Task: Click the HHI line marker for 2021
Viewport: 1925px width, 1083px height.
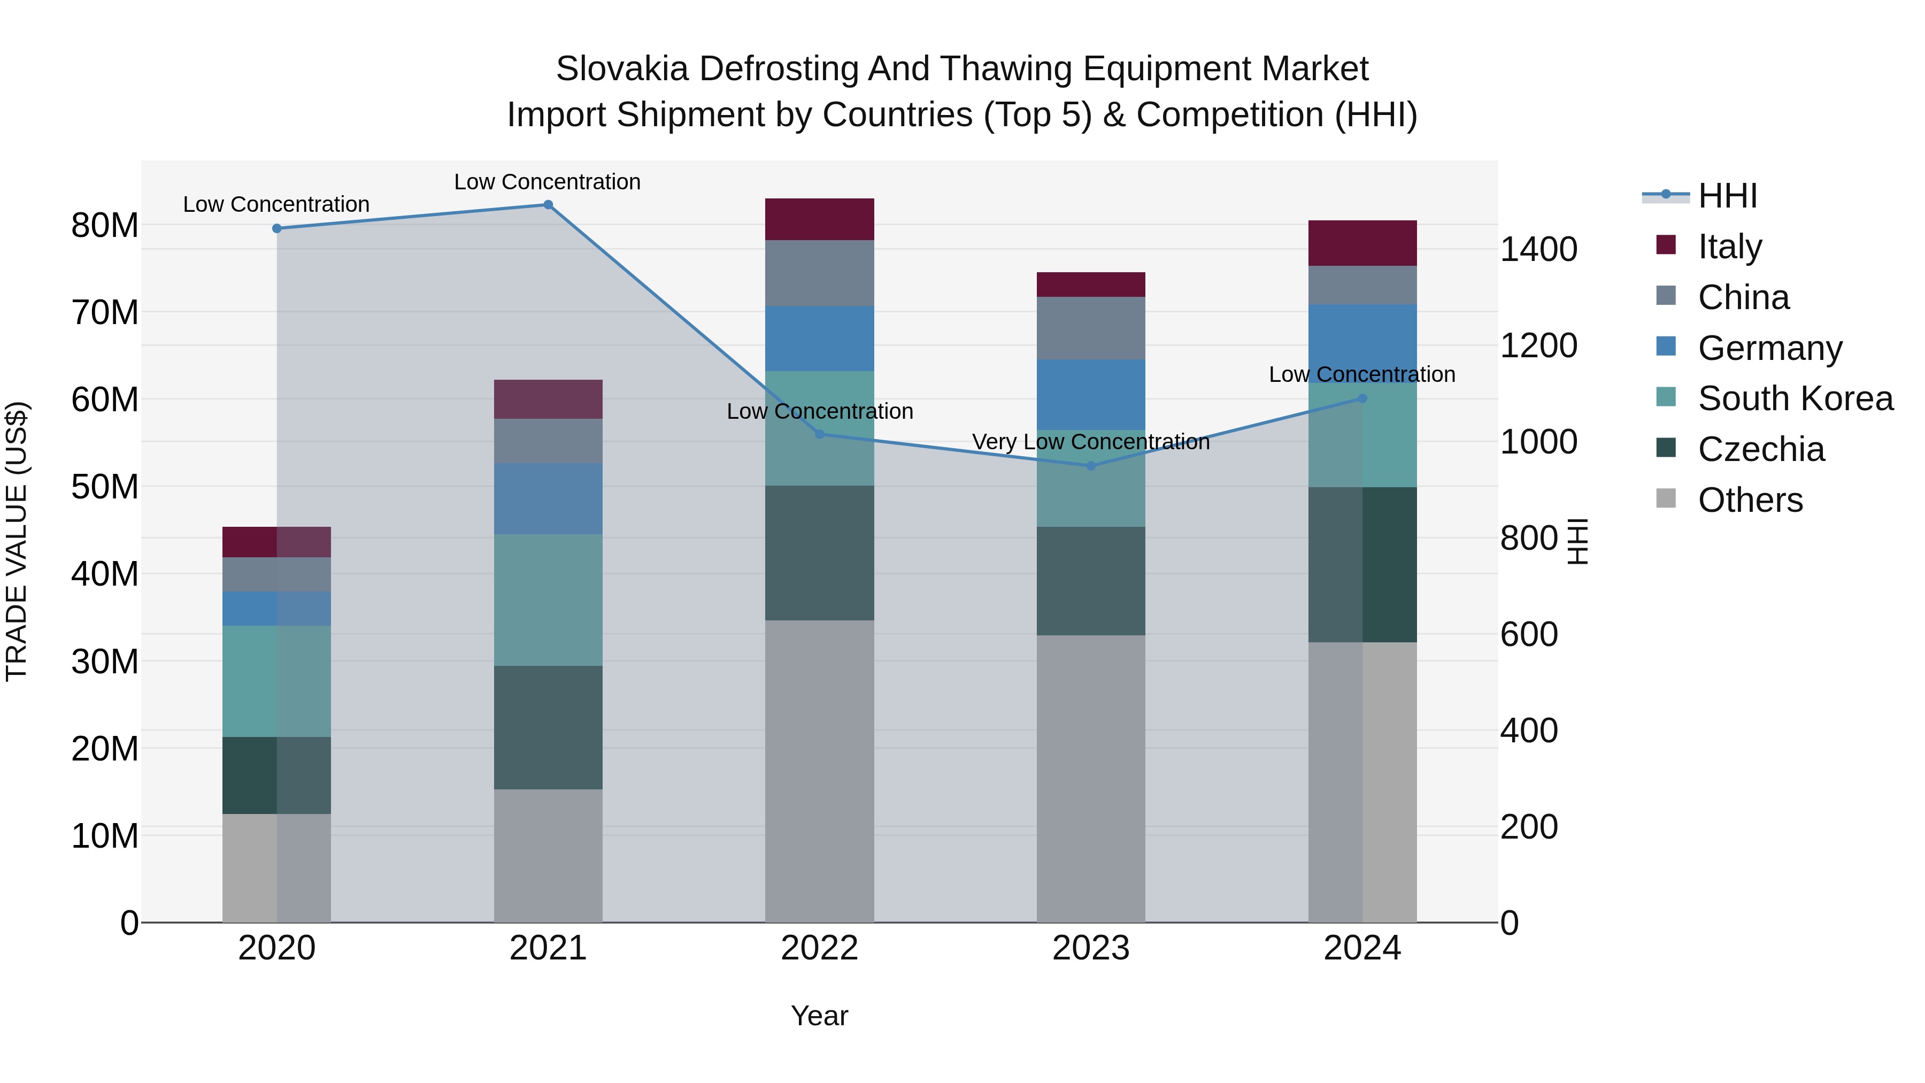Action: pos(548,205)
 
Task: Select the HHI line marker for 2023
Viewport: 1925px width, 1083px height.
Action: pos(1090,466)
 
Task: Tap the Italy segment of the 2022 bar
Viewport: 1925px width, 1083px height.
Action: pos(819,219)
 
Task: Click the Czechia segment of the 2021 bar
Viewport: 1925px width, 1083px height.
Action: pos(548,727)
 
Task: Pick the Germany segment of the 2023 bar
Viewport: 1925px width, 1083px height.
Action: pos(1090,395)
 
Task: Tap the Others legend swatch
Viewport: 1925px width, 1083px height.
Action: pos(1666,498)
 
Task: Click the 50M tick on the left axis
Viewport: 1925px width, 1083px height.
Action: pos(105,487)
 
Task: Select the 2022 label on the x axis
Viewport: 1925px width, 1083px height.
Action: pos(819,948)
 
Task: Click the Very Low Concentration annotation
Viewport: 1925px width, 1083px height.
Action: pos(1090,442)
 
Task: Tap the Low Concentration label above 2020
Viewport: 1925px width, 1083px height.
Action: pos(276,204)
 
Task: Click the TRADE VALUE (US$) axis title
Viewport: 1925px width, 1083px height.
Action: pos(17,541)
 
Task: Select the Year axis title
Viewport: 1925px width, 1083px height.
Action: pos(819,1016)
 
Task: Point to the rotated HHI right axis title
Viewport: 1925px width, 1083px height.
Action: pos(1577,541)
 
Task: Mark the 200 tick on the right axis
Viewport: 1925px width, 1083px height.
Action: pos(1528,827)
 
